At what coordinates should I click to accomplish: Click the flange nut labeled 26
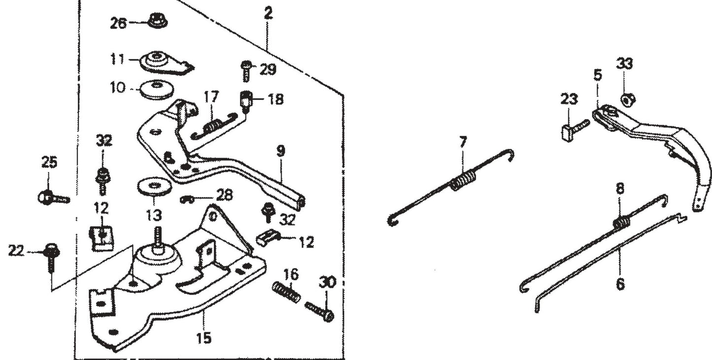[156, 22]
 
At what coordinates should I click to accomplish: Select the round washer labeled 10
[157, 91]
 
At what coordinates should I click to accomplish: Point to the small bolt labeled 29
[245, 71]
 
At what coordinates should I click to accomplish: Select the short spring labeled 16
[286, 293]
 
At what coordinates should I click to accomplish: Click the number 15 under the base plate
[203, 338]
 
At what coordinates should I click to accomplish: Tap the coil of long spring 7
[464, 179]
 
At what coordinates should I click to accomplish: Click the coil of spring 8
[622, 223]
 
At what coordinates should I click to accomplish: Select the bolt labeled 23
[574, 130]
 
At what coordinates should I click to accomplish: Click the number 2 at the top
[268, 13]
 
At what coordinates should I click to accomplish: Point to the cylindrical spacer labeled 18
[246, 101]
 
